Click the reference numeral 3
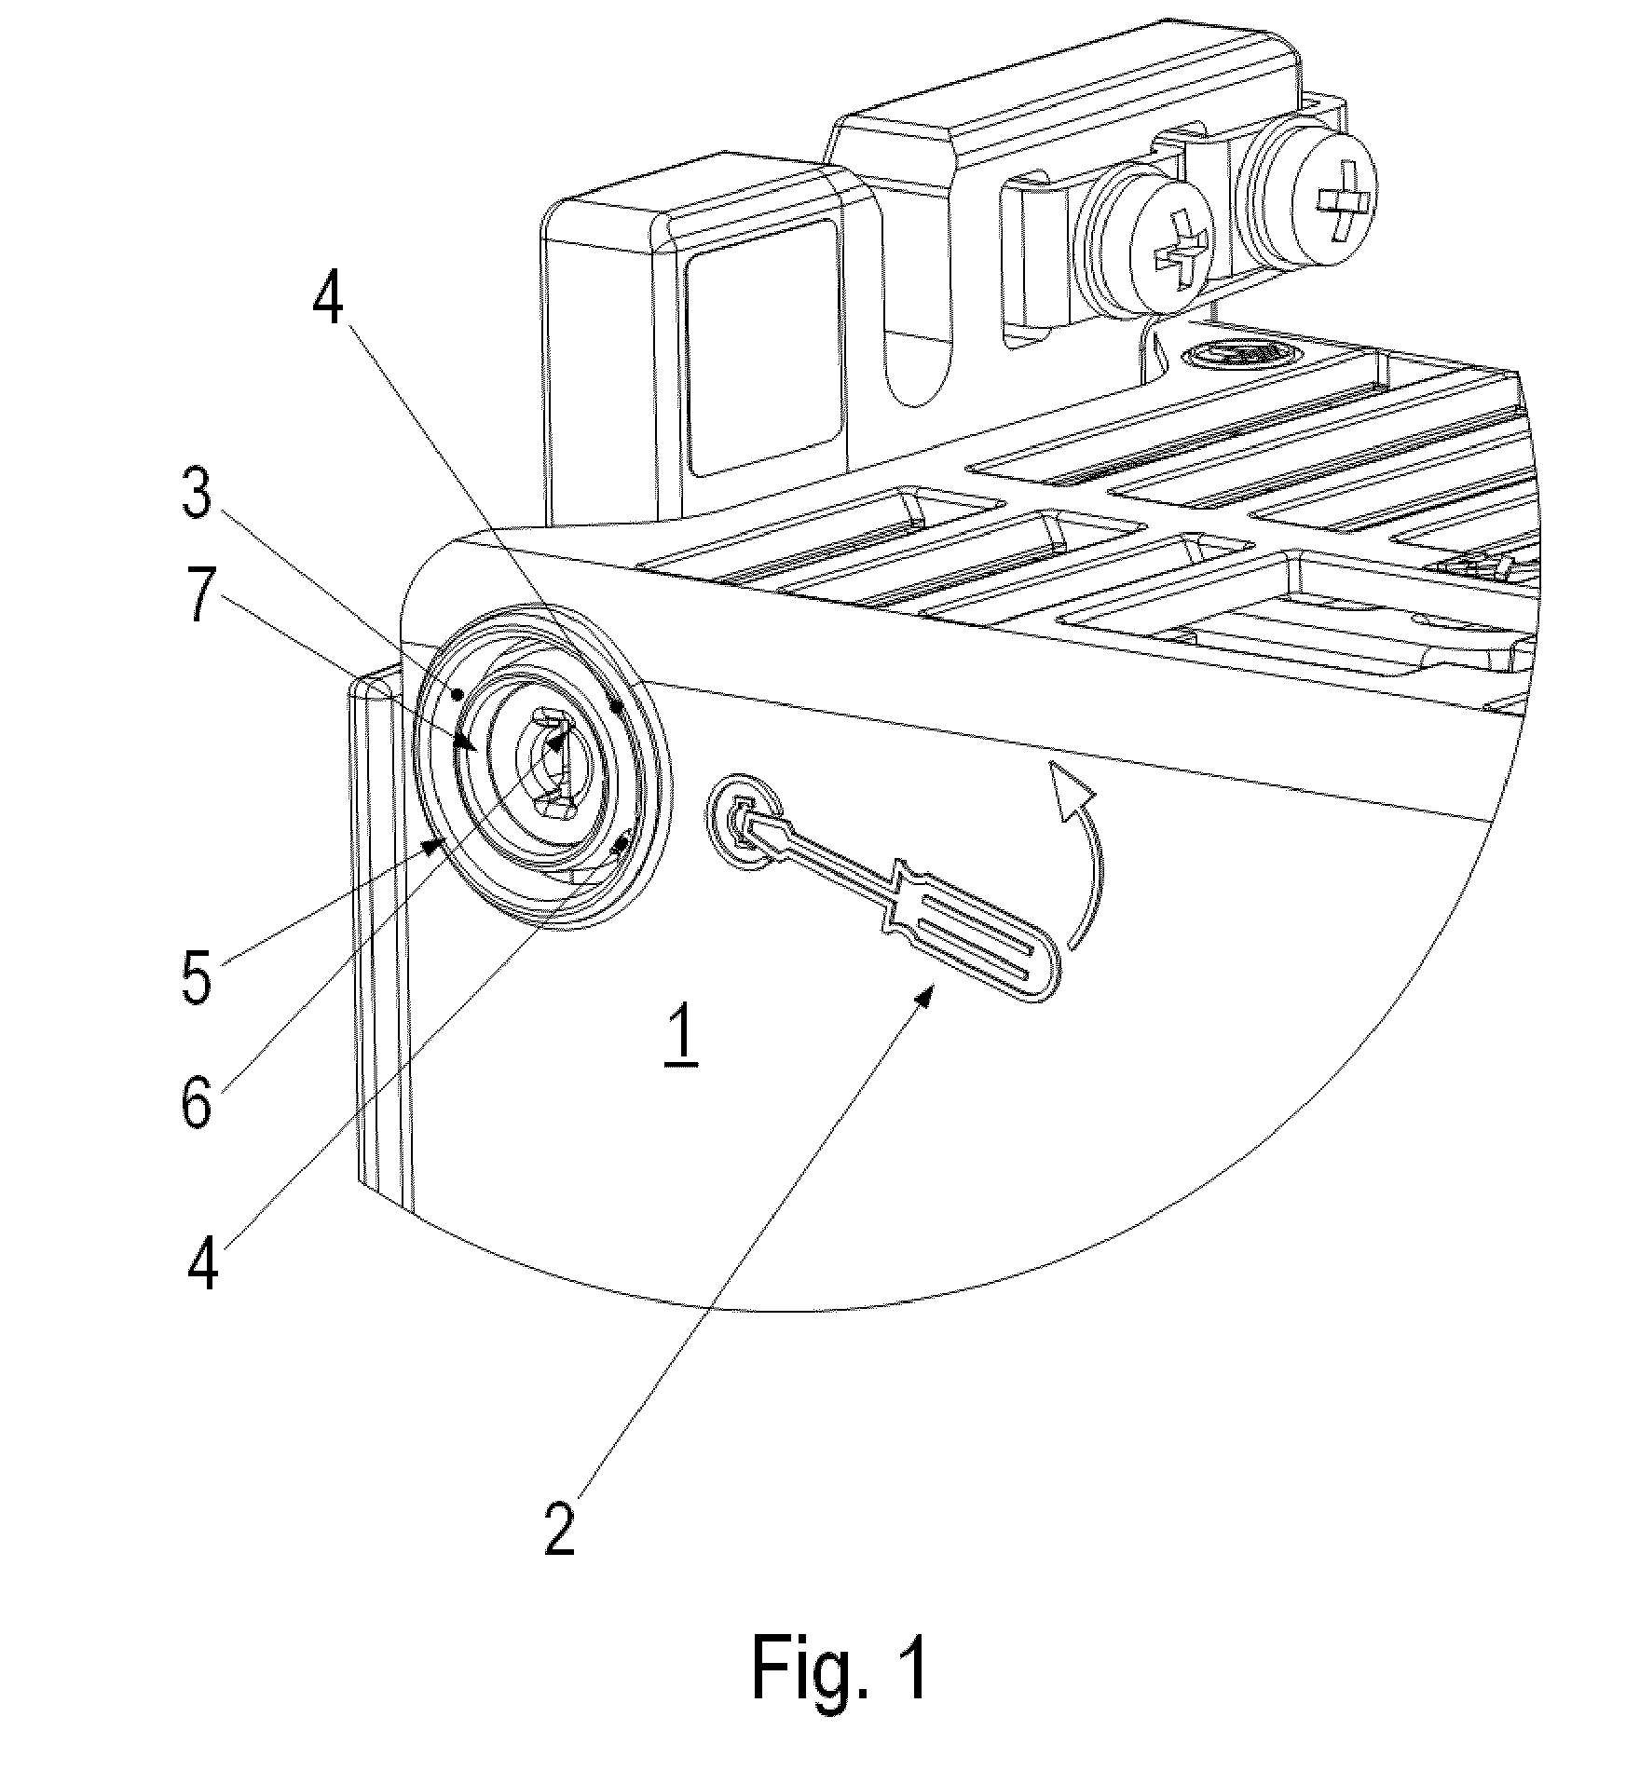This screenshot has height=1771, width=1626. click(x=198, y=495)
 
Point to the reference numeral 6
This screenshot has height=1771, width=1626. click(x=197, y=1102)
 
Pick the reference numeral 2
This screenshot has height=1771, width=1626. click(x=560, y=1528)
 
